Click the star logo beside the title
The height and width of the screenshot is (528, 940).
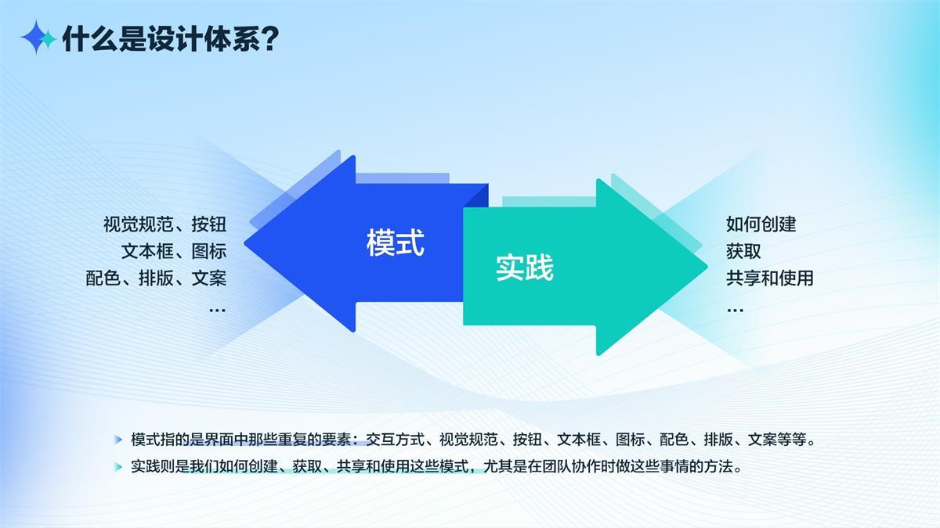coord(38,38)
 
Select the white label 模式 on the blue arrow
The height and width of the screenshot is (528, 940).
coord(396,242)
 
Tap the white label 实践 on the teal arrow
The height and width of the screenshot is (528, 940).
coord(525,267)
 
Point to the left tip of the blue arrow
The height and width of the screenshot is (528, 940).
coord(244,243)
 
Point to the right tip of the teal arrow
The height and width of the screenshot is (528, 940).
coord(707,267)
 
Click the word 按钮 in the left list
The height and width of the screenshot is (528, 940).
coord(209,224)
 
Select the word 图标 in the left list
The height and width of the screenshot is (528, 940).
coord(209,251)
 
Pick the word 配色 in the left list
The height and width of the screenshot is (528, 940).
coord(103,278)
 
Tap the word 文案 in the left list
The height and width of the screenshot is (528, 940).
coord(209,278)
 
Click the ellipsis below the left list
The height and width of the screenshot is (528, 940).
coord(218,311)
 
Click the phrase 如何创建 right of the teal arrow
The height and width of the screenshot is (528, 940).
coord(761,224)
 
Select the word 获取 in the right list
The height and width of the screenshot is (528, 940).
coord(743,251)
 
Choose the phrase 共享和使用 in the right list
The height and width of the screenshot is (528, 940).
coord(769,278)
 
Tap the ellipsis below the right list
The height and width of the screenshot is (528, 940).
coord(735,311)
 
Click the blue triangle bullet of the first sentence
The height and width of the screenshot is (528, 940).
coord(118,440)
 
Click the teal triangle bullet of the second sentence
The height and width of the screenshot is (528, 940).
coord(118,467)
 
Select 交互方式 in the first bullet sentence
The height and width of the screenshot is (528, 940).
coord(396,440)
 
